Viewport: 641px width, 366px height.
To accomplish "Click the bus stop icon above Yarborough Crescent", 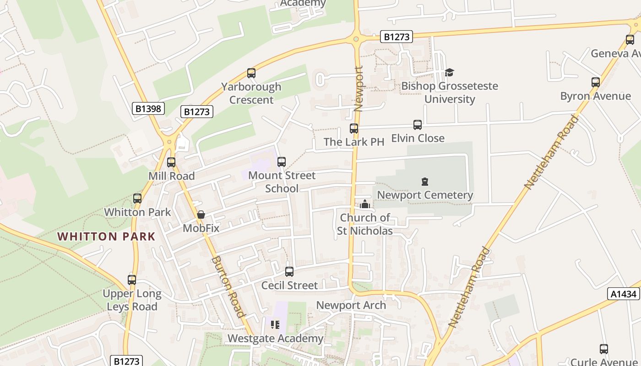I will coord(251,73).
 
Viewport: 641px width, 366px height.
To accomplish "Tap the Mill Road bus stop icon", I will coord(171,162).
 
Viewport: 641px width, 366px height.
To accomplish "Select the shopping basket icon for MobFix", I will coord(201,215).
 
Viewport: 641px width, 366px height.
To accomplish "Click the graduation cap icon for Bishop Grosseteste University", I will coord(449,73).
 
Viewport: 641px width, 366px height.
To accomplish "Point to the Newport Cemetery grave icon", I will coord(424,182).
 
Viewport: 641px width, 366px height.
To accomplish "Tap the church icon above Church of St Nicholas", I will coord(365,204).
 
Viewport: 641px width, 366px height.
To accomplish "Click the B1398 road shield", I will coord(148,108).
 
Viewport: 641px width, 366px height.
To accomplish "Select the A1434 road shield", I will coord(624,294).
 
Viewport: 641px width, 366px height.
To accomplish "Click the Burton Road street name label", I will coord(227,286).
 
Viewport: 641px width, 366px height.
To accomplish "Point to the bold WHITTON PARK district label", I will coord(106,237).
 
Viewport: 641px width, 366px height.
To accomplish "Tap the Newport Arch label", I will coord(351,305).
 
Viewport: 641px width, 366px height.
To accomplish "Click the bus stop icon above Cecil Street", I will coord(289,272).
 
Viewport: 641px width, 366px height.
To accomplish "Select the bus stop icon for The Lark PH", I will coord(354,129).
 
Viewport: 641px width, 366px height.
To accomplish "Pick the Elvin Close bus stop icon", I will coord(418,125).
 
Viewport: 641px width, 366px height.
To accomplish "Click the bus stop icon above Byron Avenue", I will coord(595,83).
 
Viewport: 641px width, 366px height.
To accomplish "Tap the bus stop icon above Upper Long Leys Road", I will coord(132,280).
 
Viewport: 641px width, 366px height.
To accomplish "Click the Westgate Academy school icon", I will coord(275,325).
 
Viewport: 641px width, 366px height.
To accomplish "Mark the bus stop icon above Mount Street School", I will coord(282,162).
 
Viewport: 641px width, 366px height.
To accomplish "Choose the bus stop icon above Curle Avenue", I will coord(604,349).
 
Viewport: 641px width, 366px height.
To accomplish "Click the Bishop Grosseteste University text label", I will coord(450,92).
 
